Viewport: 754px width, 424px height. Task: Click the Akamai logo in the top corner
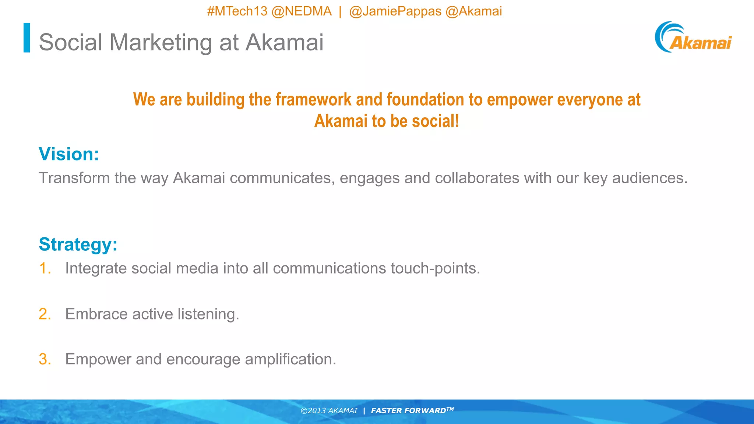[x=693, y=38]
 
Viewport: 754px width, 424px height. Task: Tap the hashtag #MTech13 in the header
[x=237, y=11]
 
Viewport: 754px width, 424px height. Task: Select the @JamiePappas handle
[x=395, y=11]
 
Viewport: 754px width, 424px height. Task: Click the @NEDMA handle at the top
[x=302, y=11]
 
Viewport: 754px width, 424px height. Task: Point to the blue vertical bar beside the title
[x=27, y=38]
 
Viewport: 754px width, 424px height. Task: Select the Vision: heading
[x=69, y=154]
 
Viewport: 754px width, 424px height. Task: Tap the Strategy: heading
[x=78, y=244]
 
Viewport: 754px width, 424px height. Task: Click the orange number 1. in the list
[x=45, y=268]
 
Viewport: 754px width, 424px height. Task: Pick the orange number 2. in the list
[x=45, y=314]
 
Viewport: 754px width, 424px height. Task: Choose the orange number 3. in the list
[x=45, y=359]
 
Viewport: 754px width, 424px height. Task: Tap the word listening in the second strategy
[x=208, y=314]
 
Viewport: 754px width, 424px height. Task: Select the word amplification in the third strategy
[x=290, y=359]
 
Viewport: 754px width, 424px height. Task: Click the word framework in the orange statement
[x=313, y=100]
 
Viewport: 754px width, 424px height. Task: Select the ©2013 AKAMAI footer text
[x=329, y=411]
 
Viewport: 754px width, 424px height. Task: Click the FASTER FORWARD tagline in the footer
[x=412, y=411]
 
